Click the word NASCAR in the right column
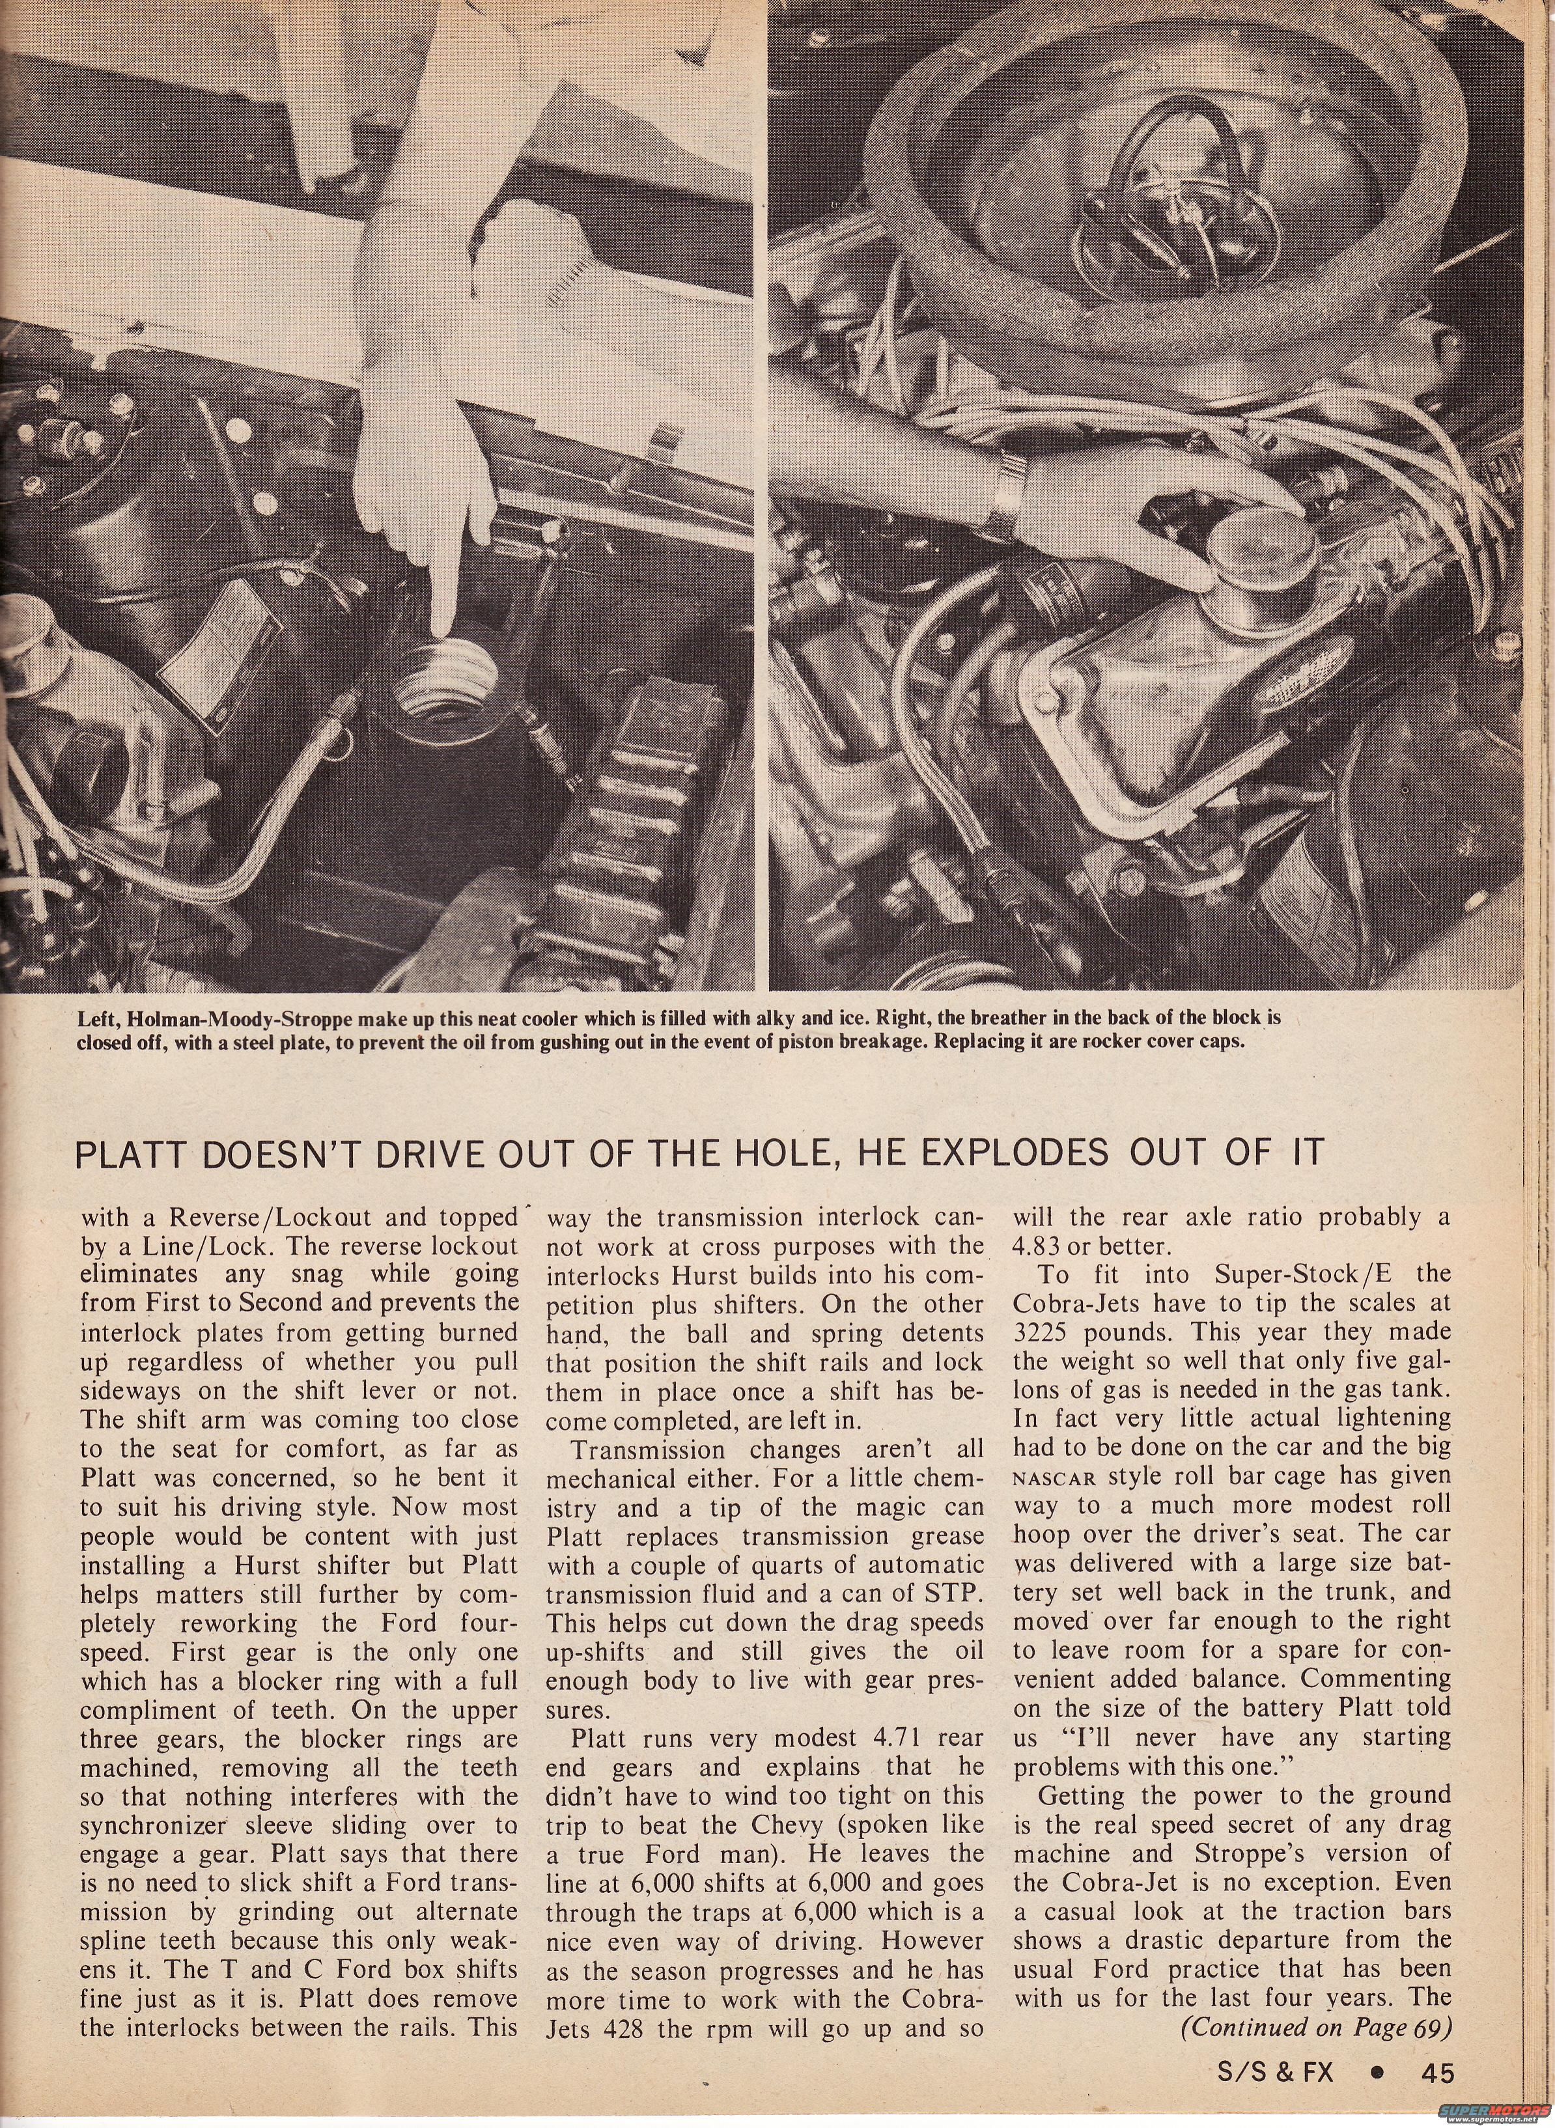click(x=1054, y=1477)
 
